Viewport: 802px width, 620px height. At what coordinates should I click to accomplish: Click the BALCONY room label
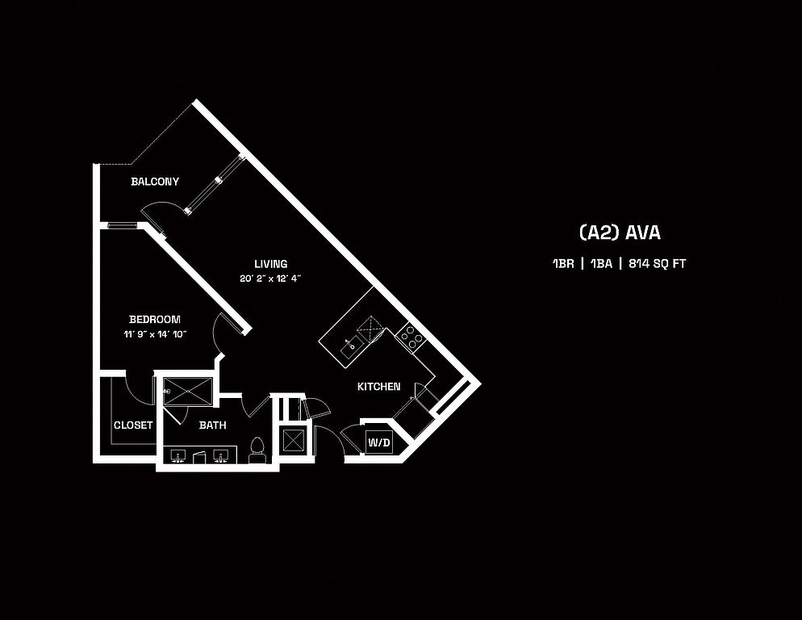(155, 182)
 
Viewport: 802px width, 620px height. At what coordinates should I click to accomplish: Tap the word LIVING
(271, 264)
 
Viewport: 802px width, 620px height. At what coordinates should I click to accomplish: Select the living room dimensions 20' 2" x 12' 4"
(271, 279)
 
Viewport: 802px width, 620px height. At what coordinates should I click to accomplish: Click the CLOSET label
(133, 425)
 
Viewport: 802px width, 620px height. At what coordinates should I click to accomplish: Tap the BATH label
(213, 425)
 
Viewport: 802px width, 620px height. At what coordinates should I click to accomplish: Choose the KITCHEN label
(379, 387)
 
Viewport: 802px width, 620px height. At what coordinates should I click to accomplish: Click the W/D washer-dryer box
(378, 442)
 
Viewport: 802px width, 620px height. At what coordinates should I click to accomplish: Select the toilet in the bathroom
(257, 449)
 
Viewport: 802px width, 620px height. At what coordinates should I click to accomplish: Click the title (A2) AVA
(620, 232)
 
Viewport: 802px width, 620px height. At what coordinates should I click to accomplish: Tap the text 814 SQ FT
(658, 264)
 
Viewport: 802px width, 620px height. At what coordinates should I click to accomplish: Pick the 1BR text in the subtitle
(563, 264)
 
